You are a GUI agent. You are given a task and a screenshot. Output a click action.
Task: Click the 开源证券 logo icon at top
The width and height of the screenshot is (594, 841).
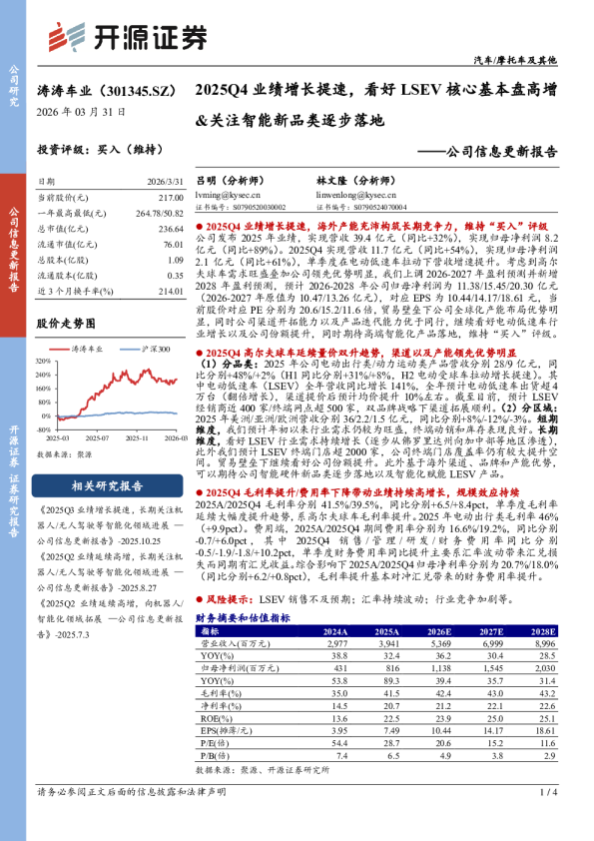tap(68, 37)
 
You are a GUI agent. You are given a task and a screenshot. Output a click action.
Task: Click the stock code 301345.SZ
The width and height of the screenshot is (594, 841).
tap(137, 90)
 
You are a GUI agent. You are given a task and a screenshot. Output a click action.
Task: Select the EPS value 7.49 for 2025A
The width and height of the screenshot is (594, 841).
tap(386, 732)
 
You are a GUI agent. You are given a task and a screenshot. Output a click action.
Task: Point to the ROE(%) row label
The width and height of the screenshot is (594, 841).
tap(210, 718)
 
